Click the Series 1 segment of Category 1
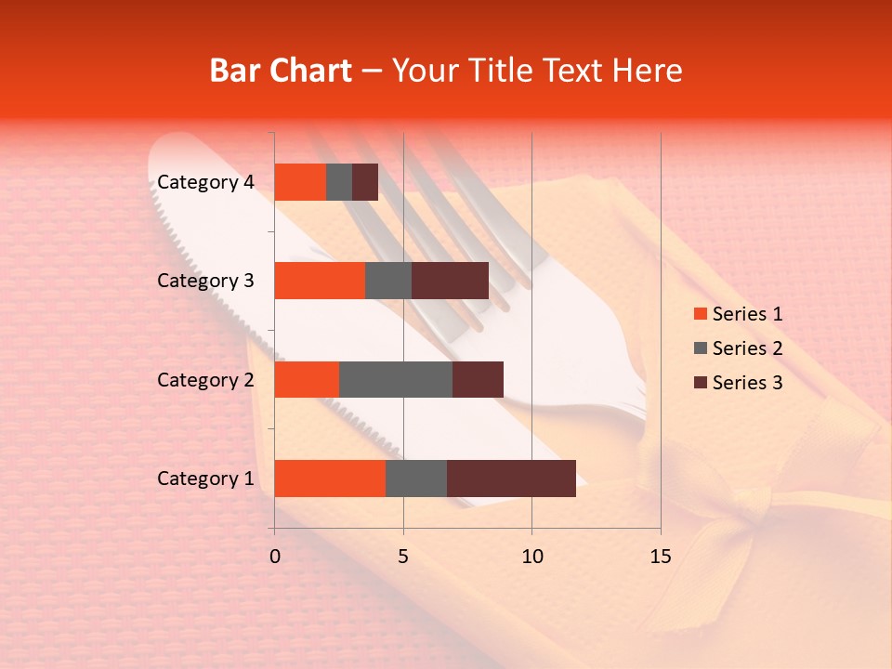pyautogui.click(x=330, y=479)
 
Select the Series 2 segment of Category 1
pyautogui.click(x=416, y=479)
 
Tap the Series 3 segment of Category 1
pyautogui.click(x=511, y=479)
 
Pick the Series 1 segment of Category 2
pyautogui.click(x=307, y=379)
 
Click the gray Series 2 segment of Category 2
pyautogui.click(x=396, y=379)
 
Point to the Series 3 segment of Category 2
pyautogui.click(x=478, y=379)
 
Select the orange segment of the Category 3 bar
pyautogui.click(x=320, y=281)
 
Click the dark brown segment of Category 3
pyautogui.click(x=450, y=281)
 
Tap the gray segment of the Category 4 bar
pyautogui.click(x=339, y=182)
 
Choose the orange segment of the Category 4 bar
pyautogui.click(x=300, y=182)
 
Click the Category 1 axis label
pyautogui.click(x=205, y=479)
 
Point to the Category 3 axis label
pyautogui.click(x=205, y=281)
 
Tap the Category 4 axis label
pyautogui.click(x=205, y=182)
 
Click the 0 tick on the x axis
pyautogui.click(x=275, y=557)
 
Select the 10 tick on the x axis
pyautogui.click(x=531, y=557)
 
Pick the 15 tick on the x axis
pyautogui.click(x=660, y=557)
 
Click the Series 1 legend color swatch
pyautogui.click(x=700, y=314)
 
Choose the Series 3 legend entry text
pyautogui.click(x=747, y=383)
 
